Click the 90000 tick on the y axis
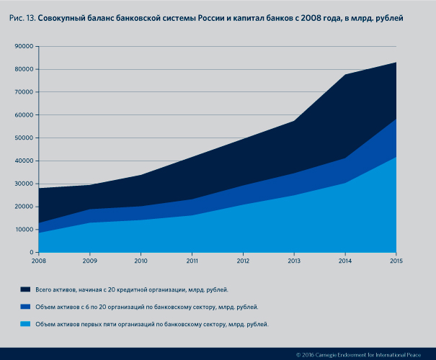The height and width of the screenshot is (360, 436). tap(25, 46)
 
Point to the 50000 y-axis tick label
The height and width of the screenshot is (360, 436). tap(25, 138)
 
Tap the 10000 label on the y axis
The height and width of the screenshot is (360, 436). tap(25, 230)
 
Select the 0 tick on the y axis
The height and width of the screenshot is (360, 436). tap(32, 253)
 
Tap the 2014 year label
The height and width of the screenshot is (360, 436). tap(344, 261)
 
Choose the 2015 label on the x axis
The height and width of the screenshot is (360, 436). tap(396, 261)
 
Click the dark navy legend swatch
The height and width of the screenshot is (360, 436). tap(26, 289)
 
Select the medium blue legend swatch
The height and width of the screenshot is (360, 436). tap(26, 307)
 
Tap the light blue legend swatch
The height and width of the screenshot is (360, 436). tap(26, 325)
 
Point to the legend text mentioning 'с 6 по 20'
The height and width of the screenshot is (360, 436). tap(146, 307)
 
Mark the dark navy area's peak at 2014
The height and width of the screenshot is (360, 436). tap(344, 75)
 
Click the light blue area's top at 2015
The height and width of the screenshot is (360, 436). tap(396, 157)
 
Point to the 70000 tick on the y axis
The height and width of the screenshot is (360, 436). tap(25, 92)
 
